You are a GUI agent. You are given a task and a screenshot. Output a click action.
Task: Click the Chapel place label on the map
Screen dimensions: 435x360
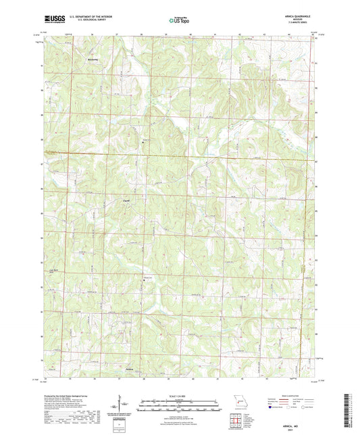(126, 201)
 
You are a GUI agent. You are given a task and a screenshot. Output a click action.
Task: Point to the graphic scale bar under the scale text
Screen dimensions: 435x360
(179, 405)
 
